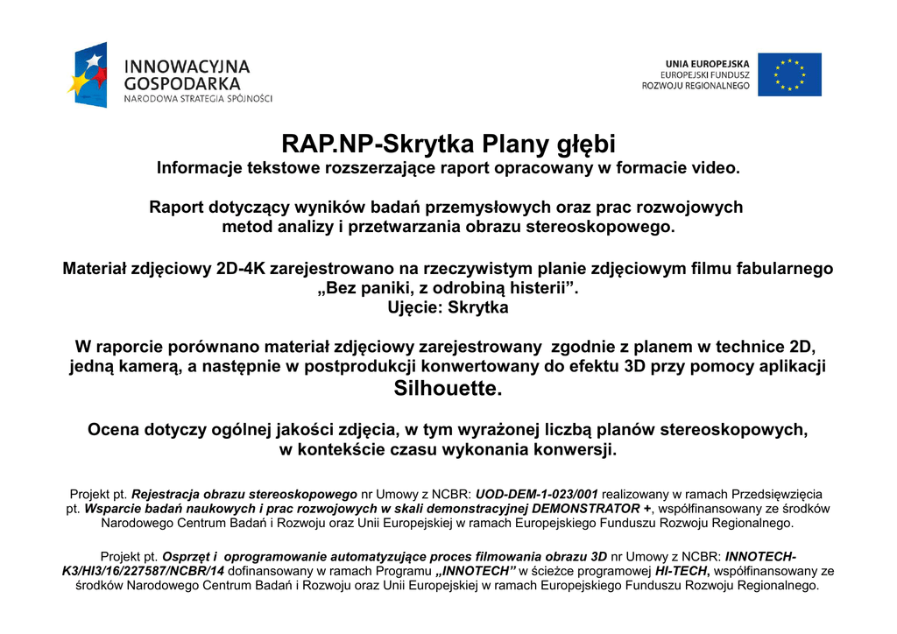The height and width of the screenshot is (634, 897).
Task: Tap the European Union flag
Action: coord(789,74)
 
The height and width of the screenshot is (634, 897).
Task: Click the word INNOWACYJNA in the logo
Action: coord(187,67)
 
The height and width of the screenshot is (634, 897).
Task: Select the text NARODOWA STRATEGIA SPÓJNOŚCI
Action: coord(198,99)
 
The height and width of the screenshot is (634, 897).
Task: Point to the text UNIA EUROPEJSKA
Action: coord(708,64)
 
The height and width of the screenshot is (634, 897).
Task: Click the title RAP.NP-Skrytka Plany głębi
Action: coord(448,144)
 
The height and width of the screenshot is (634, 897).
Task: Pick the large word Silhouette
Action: coord(448,388)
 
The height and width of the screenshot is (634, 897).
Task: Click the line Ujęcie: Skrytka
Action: coord(448,308)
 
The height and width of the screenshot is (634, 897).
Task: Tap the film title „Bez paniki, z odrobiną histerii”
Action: coord(448,289)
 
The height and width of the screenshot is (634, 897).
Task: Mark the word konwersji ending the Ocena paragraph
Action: coord(578,451)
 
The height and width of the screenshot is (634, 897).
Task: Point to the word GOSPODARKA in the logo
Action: coord(182,83)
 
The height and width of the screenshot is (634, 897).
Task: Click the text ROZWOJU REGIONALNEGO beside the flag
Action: coord(696,87)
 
